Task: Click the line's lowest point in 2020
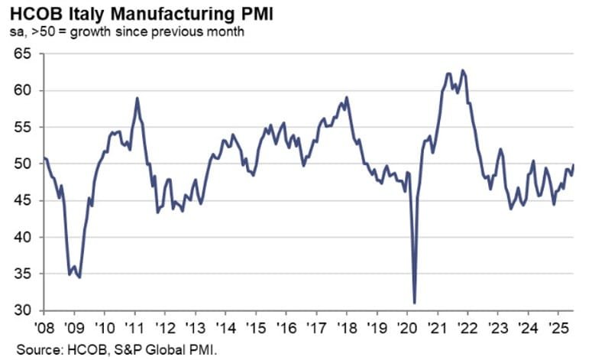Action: [x=415, y=303]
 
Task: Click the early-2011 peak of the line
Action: [x=137, y=98]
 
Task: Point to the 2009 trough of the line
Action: [x=79, y=277]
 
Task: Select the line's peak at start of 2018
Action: [x=347, y=97]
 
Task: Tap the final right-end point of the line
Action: [x=574, y=165]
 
